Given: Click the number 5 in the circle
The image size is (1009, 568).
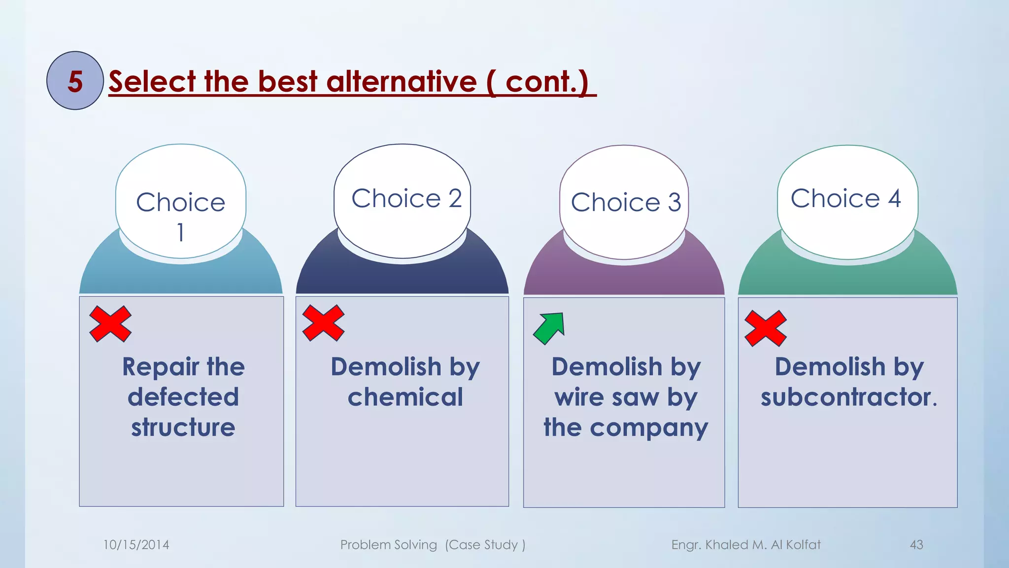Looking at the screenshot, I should pyautogui.click(x=75, y=81).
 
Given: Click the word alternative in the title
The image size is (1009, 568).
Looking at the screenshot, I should pyautogui.click(x=401, y=81).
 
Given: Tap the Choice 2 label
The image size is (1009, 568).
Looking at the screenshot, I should pyautogui.click(x=406, y=199).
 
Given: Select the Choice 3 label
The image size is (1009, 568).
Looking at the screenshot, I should pyautogui.click(x=626, y=202).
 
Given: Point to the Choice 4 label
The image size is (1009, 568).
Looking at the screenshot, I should pyautogui.click(x=846, y=199).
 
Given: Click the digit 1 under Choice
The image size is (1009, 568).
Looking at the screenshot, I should pyautogui.click(x=180, y=232).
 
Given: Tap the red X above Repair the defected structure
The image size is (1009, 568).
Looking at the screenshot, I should pyautogui.click(x=110, y=324).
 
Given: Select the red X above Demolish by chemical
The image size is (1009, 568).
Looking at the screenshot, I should pyautogui.click(x=323, y=323).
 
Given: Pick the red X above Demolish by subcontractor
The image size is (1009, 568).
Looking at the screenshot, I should pyautogui.click(x=766, y=328).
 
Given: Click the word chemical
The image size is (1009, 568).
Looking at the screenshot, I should pyautogui.click(x=405, y=397).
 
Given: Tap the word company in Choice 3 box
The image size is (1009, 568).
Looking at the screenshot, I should pyautogui.click(x=649, y=428).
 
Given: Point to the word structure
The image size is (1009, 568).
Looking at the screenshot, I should pyautogui.click(x=183, y=427).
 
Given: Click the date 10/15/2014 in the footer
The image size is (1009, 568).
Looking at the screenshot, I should pyautogui.click(x=136, y=545).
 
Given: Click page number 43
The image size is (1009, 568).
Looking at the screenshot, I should pyautogui.click(x=916, y=545).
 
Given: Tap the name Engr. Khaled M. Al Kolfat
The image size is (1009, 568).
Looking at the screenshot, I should pyautogui.click(x=746, y=545).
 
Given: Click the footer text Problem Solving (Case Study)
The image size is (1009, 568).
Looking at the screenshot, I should pyautogui.click(x=433, y=545).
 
